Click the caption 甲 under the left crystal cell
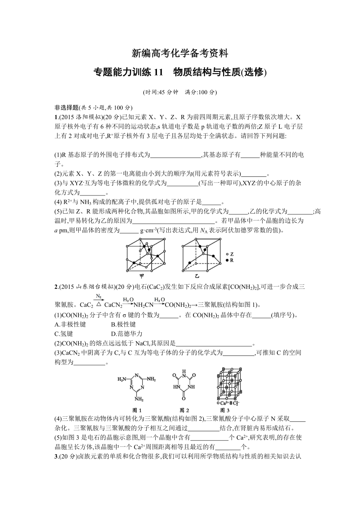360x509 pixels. click(130, 276)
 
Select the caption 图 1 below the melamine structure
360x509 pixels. click(137, 410)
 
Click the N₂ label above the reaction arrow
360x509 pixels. click(99, 296)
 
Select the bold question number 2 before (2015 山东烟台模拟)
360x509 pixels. click(56, 287)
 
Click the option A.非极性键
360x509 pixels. click(70, 324)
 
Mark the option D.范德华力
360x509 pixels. click(127, 334)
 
